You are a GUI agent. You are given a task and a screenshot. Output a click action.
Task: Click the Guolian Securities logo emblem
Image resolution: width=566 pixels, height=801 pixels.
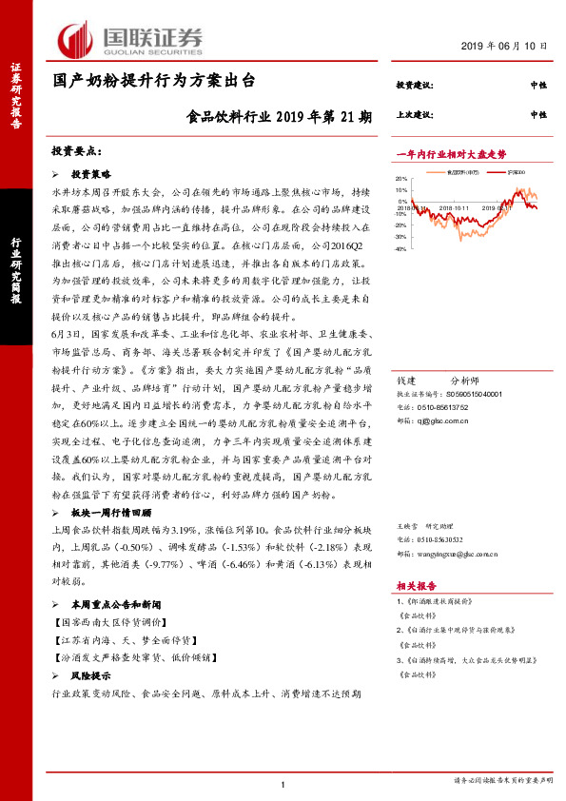pos(75,39)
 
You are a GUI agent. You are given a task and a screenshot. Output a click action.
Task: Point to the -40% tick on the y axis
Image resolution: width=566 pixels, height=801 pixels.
pos(400,249)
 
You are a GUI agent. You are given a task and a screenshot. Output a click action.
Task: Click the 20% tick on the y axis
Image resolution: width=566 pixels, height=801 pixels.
pos(401,179)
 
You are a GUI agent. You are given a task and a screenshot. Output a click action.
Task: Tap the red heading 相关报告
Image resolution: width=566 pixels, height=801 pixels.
pos(415,587)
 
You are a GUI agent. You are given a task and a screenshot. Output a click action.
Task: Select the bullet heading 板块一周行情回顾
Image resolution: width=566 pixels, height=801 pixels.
pos(106,511)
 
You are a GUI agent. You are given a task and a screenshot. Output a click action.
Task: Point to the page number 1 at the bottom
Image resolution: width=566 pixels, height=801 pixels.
pos(283,783)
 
